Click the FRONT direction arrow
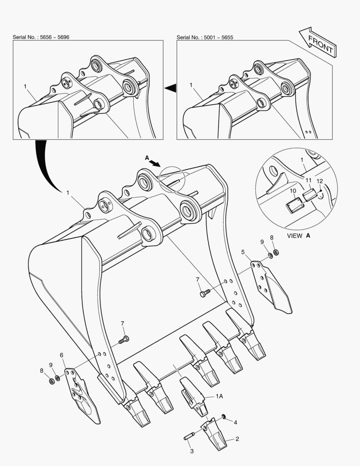317,42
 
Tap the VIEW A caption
298,236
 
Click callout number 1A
219,396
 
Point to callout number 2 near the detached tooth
237,439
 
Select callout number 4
235,422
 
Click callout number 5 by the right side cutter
243,252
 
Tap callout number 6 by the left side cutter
62,355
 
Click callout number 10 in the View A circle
293,191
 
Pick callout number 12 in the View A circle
319,181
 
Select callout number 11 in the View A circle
309,180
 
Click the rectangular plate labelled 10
295,206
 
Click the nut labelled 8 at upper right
275,252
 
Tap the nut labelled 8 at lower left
51,381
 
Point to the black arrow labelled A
154,163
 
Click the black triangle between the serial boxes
170,88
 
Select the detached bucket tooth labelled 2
214,433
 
